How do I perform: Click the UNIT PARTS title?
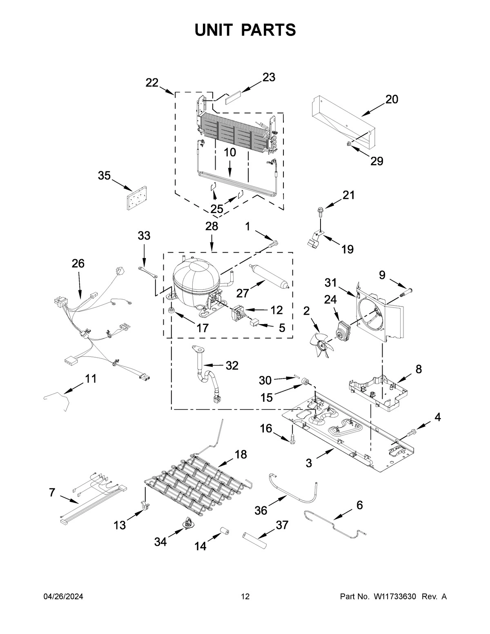coord(245,30)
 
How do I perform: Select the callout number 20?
coord(392,99)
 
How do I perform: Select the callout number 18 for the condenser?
coord(241,454)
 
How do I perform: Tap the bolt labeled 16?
coord(292,440)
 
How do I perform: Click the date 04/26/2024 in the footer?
coord(63,597)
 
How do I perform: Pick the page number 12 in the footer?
coord(245,597)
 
